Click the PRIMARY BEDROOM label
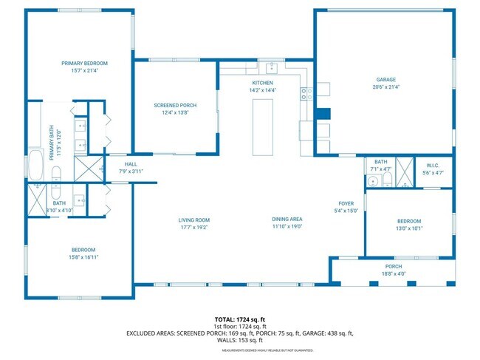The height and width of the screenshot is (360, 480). coord(84,64)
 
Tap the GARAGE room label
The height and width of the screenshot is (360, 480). coord(386,79)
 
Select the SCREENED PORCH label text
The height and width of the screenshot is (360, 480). coord(174,106)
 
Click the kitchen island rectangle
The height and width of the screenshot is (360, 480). coord(263,126)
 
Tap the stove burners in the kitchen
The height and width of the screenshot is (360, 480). coord(306,93)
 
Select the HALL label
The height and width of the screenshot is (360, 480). coord(131,165)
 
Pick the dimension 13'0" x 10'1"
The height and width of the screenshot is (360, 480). coord(409,228)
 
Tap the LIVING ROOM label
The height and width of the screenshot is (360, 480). coord(194,220)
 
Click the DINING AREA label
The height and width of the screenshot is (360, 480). coord(287,220)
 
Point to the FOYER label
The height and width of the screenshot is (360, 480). coord(346,203)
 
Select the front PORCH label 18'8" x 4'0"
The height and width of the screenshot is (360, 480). coord(394,273)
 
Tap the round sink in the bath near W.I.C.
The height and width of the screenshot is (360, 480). coord(374,180)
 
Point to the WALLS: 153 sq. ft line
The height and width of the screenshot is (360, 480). coord(239,341)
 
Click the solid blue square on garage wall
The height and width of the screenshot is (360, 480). coord(322,115)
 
